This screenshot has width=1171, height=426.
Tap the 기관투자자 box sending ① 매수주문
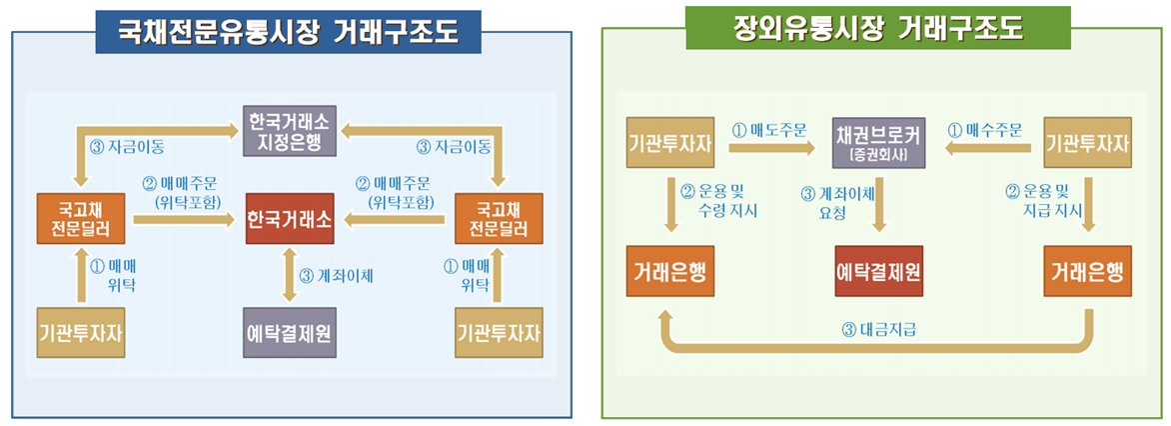tap(1087, 143)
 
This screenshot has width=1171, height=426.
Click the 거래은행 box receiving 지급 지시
tap(1087, 271)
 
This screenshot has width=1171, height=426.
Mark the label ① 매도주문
tap(769, 129)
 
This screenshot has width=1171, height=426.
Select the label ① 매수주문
tap(984, 129)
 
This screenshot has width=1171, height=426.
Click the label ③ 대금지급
tap(879, 327)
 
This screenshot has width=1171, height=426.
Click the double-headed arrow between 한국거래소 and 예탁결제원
tap(290, 275)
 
